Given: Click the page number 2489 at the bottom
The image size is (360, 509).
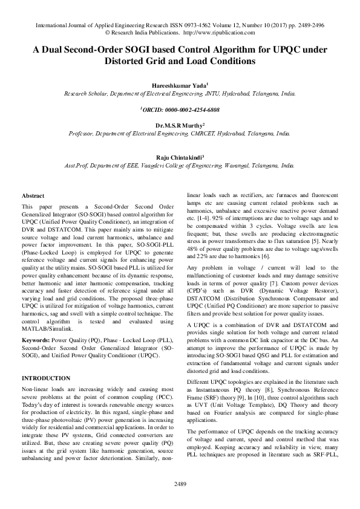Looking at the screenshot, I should [180, 484].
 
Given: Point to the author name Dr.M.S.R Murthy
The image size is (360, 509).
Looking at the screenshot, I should [180, 125].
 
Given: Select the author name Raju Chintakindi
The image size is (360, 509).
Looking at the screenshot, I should [180, 156].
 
